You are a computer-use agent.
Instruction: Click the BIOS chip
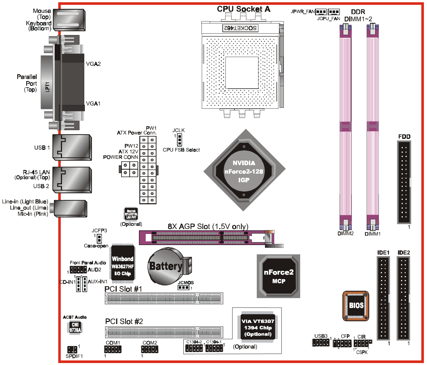click(356, 306)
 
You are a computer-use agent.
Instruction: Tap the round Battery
click(165, 266)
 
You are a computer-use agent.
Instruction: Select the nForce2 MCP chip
click(278, 276)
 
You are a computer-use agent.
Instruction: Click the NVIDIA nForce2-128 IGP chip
click(244, 171)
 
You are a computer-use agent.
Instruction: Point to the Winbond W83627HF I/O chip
click(123, 264)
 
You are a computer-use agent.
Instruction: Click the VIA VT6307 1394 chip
click(258, 327)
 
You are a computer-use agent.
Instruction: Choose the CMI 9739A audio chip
click(75, 327)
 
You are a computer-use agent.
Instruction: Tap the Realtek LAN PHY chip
click(131, 214)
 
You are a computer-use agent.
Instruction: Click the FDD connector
click(404, 182)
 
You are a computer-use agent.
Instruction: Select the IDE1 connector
click(383, 298)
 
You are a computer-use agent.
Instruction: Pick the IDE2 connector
click(403, 298)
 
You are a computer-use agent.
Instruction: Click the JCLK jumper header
click(179, 139)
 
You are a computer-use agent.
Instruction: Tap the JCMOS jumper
click(183, 288)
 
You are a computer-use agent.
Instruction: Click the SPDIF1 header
click(72, 349)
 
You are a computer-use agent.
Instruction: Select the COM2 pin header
click(149, 349)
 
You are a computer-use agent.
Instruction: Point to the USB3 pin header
click(321, 343)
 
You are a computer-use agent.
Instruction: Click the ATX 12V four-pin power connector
click(130, 169)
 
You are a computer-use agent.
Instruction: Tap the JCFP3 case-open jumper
click(99, 239)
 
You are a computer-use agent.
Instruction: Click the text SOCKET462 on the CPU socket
click(240, 28)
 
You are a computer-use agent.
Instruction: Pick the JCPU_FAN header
click(334, 12)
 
